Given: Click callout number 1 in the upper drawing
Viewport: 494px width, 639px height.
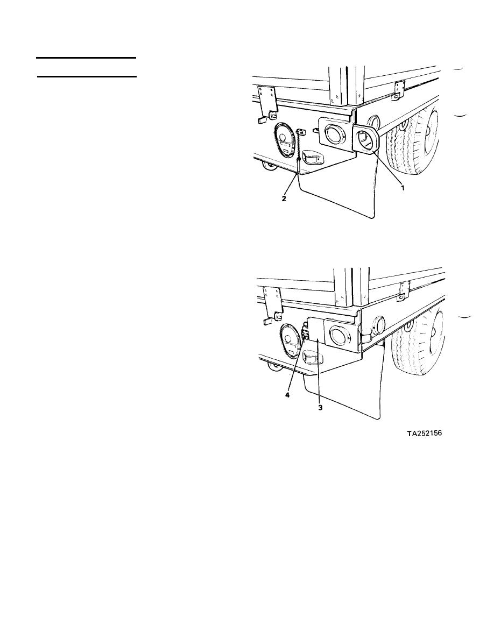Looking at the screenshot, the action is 403,188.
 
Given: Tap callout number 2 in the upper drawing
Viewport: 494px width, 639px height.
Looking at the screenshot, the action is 284,199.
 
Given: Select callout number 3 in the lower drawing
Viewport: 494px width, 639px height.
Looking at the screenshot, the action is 320,407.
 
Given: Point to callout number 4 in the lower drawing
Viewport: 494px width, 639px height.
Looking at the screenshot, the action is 287,395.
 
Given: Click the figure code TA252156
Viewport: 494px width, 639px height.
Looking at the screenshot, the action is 424,433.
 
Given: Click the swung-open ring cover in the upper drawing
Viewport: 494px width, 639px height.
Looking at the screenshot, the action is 366,140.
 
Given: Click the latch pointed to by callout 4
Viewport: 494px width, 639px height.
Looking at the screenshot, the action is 305,330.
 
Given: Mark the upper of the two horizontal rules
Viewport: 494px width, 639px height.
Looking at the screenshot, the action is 86,58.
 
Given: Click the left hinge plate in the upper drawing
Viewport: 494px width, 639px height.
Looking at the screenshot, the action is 268,100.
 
